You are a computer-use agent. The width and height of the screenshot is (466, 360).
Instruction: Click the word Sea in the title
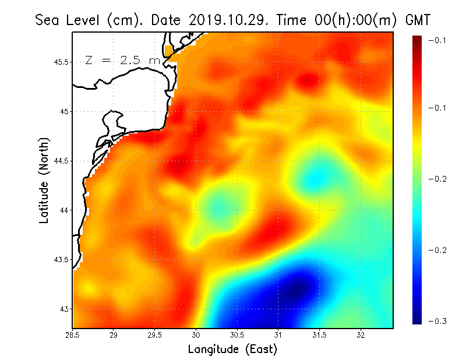click(x=47, y=20)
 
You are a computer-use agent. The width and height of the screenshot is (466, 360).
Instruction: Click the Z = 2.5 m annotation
click(x=123, y=61)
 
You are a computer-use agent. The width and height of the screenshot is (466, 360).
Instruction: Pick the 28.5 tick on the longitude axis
click(x=72, y=335)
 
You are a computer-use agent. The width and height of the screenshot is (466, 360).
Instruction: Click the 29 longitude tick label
click(x=114, y=335)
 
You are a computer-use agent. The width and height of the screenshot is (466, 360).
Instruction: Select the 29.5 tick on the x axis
click(x=154, y=335)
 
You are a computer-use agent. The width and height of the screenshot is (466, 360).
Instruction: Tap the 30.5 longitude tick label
click(x=237, y=335)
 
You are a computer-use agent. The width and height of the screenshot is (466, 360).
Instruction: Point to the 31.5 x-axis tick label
click(x=320, y=335)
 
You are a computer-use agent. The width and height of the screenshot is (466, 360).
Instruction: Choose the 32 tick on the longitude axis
click(x=361, y=335)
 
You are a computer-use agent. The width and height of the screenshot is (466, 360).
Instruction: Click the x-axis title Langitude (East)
click(x=232, y=350)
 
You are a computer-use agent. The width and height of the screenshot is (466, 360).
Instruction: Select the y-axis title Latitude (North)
click(x=44, y=180)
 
